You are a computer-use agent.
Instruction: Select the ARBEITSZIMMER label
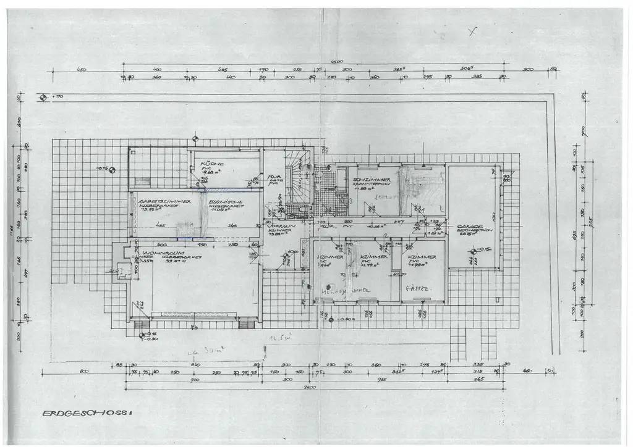(164, 201)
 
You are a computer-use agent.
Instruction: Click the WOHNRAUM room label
(156, 254)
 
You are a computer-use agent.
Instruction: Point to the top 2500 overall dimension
(336, 62)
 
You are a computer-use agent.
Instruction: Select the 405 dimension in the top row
(223, 70)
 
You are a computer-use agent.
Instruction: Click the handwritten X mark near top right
(472, 32)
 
